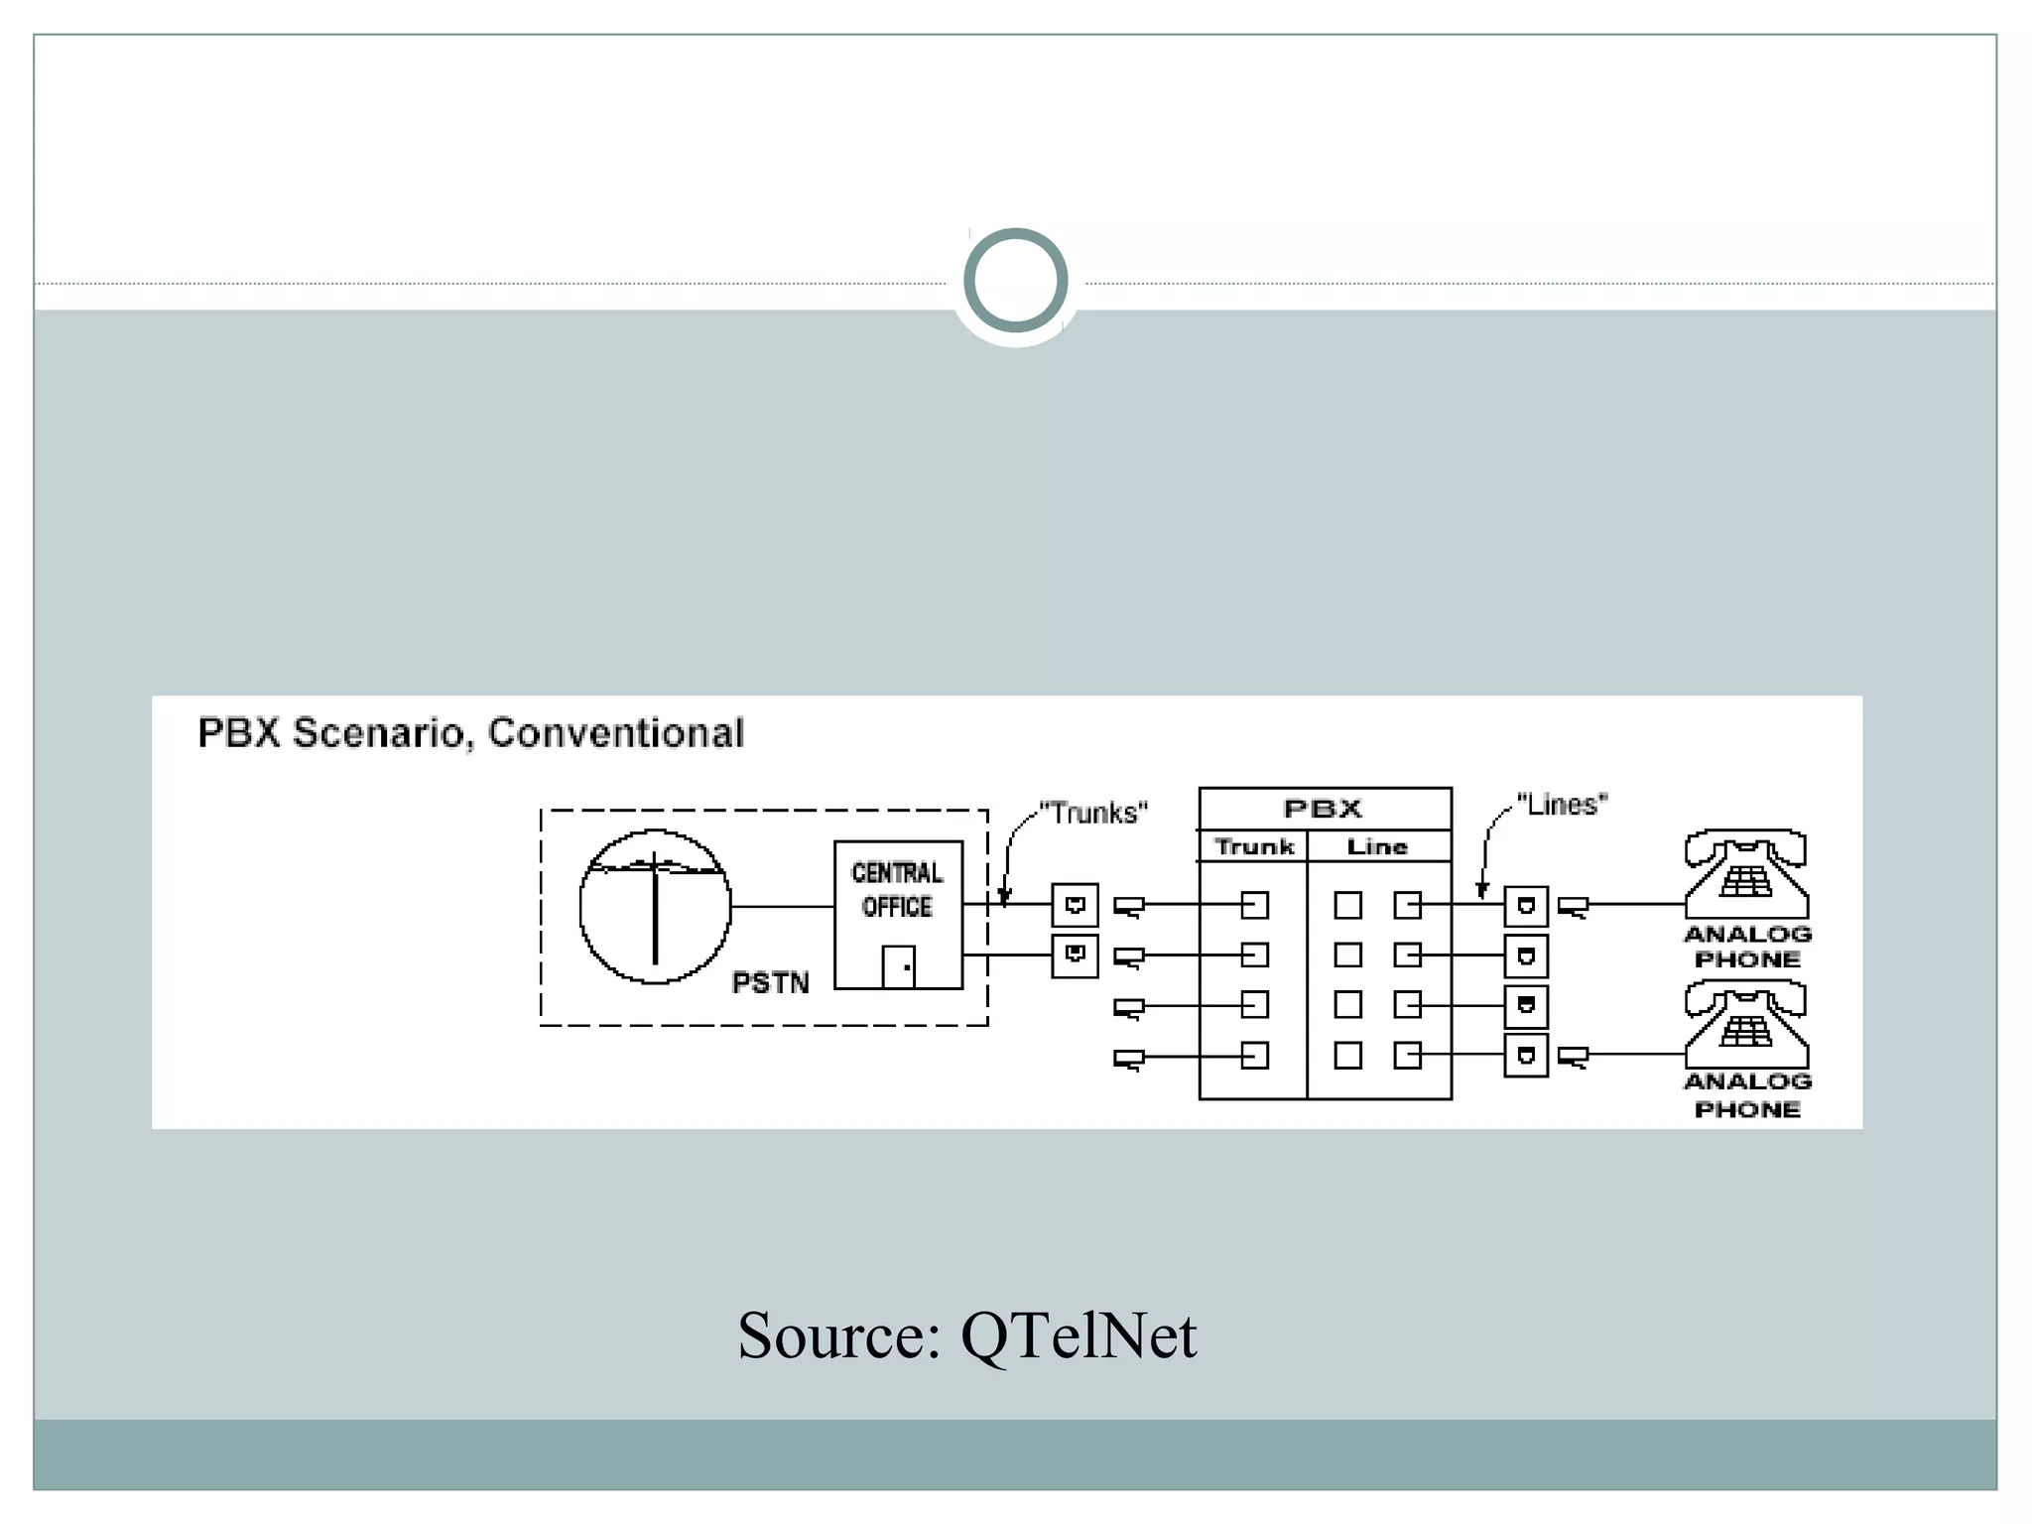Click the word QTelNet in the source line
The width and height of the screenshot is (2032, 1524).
1079,1335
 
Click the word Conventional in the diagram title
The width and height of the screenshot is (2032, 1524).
615,733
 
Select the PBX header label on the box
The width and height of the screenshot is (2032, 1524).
1323,809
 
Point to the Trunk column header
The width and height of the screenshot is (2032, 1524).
1254,847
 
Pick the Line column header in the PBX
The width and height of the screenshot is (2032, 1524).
1377,847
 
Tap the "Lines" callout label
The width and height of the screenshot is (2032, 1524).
1562,805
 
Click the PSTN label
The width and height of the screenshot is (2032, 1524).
770,983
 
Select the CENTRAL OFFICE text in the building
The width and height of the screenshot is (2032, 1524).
897,890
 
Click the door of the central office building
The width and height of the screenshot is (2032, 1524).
898,966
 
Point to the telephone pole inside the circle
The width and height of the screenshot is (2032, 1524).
655,907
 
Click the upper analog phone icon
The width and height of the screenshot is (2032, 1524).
1746,875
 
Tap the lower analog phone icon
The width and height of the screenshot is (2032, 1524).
1746,1025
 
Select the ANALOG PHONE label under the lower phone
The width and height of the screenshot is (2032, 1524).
1747,1095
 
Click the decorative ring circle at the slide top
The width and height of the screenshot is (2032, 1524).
1015,280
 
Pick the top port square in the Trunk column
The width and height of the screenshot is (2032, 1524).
1255,905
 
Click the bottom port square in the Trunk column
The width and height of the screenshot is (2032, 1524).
1255,1056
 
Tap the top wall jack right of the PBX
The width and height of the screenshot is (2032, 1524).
1526,906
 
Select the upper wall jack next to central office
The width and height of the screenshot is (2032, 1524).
1075,905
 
